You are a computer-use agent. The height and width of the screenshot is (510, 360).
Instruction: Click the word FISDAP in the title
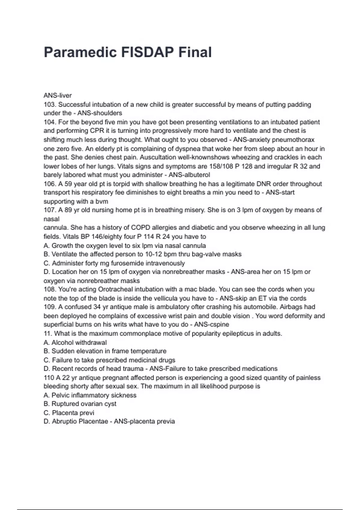pyautogui.click(x=147, y=52)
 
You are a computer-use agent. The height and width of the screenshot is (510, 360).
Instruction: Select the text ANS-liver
pyautogui.click(x=58, y=95)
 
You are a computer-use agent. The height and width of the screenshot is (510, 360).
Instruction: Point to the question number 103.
pyautogui.click(x=50, y=104)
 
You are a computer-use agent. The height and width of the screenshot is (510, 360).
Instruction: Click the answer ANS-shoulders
pyautogui.click(x=100, y=113)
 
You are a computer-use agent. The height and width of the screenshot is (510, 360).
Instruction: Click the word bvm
pyautogui.click(x=101, y=201)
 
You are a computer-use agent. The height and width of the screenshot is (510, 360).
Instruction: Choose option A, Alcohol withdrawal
pyautogui.click(x=75, y=342)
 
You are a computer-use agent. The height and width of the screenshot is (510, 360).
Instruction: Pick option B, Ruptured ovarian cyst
pyautogui.click(x=80, y=404)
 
